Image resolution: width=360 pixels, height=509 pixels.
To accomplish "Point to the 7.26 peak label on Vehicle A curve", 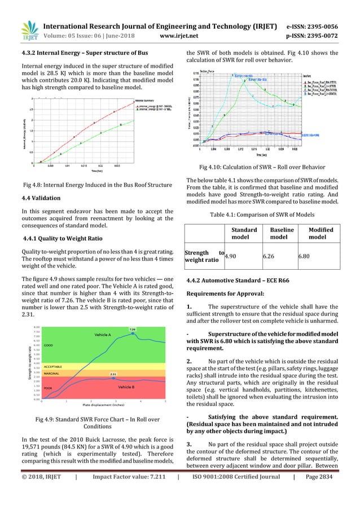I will pyautogui.click(x=132, y=329).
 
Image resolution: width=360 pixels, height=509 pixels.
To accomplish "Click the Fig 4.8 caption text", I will pyautogui.click(x=97, y=184).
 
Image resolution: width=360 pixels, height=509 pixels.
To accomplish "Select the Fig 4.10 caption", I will pyautogui.click(x=262, y=166).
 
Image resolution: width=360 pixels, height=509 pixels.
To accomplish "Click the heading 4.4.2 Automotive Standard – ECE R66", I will pyautogui.click(x=244, y=281).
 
